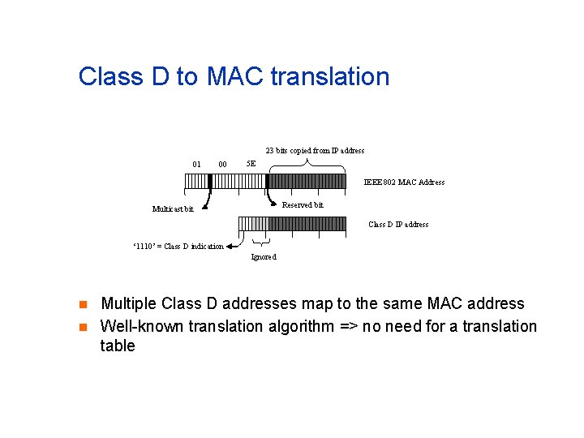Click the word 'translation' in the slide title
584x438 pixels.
329,77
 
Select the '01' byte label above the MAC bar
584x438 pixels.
197,164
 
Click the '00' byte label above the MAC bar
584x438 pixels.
222,164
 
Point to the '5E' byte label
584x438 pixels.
251,164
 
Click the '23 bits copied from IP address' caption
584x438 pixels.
315,150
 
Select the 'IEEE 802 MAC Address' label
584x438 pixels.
404,182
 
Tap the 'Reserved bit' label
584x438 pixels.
303,205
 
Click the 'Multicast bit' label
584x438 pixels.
173,209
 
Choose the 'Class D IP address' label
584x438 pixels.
398,225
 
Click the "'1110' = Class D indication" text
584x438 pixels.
177,247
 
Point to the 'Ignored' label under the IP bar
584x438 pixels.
264,257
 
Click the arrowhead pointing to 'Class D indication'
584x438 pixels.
231,246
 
